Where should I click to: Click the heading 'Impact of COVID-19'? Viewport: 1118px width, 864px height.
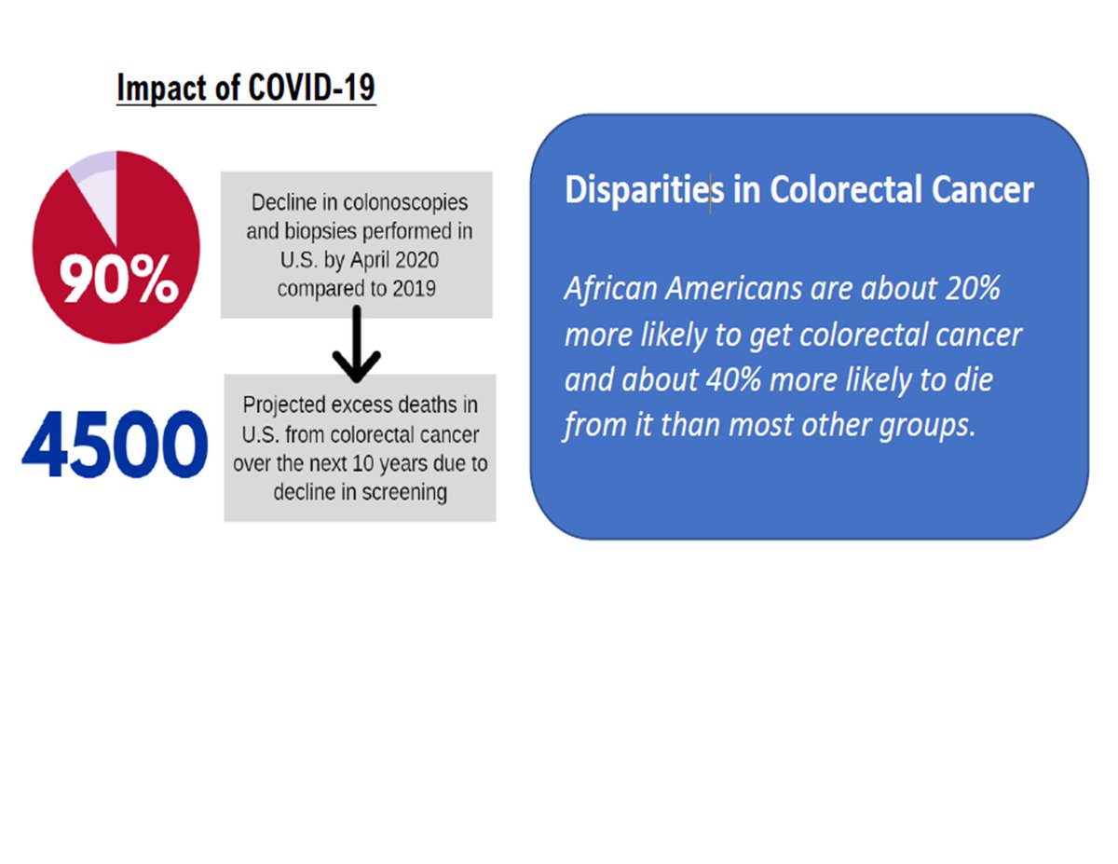pos(246,88)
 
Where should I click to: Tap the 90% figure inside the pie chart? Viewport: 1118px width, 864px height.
pos(120,281)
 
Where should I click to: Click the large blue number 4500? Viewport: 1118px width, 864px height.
pos(114,446)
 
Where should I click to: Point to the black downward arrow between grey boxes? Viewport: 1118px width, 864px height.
pos(356,346)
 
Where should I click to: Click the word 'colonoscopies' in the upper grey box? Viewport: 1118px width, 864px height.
pos(414,203)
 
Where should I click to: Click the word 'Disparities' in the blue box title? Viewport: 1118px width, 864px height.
pos(644,190)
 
